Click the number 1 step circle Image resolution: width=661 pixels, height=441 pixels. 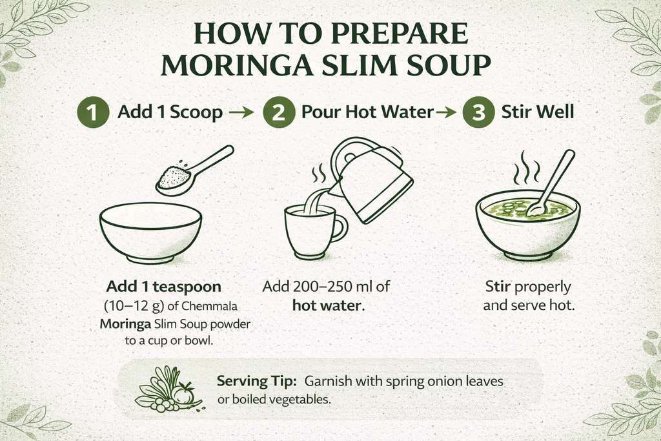tap(93, 112)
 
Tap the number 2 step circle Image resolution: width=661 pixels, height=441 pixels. tap(279, 112)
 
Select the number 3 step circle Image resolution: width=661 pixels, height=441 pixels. tap(478, 112)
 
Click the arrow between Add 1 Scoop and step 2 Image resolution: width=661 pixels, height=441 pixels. tap(241, 112)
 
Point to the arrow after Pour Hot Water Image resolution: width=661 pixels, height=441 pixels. tap(445, 112)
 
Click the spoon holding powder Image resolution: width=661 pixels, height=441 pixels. tap(194, 170)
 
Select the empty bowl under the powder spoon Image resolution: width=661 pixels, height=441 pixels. tap(151, 232)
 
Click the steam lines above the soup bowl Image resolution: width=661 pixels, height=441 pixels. tap(526, 167)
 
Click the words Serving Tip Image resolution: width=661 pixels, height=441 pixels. tap(257, 381)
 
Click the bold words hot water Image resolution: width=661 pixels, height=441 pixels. tap(329, 305)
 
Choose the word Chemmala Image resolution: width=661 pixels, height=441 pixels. tap(210, 305)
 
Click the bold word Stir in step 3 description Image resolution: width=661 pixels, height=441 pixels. tap(498, 287)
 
